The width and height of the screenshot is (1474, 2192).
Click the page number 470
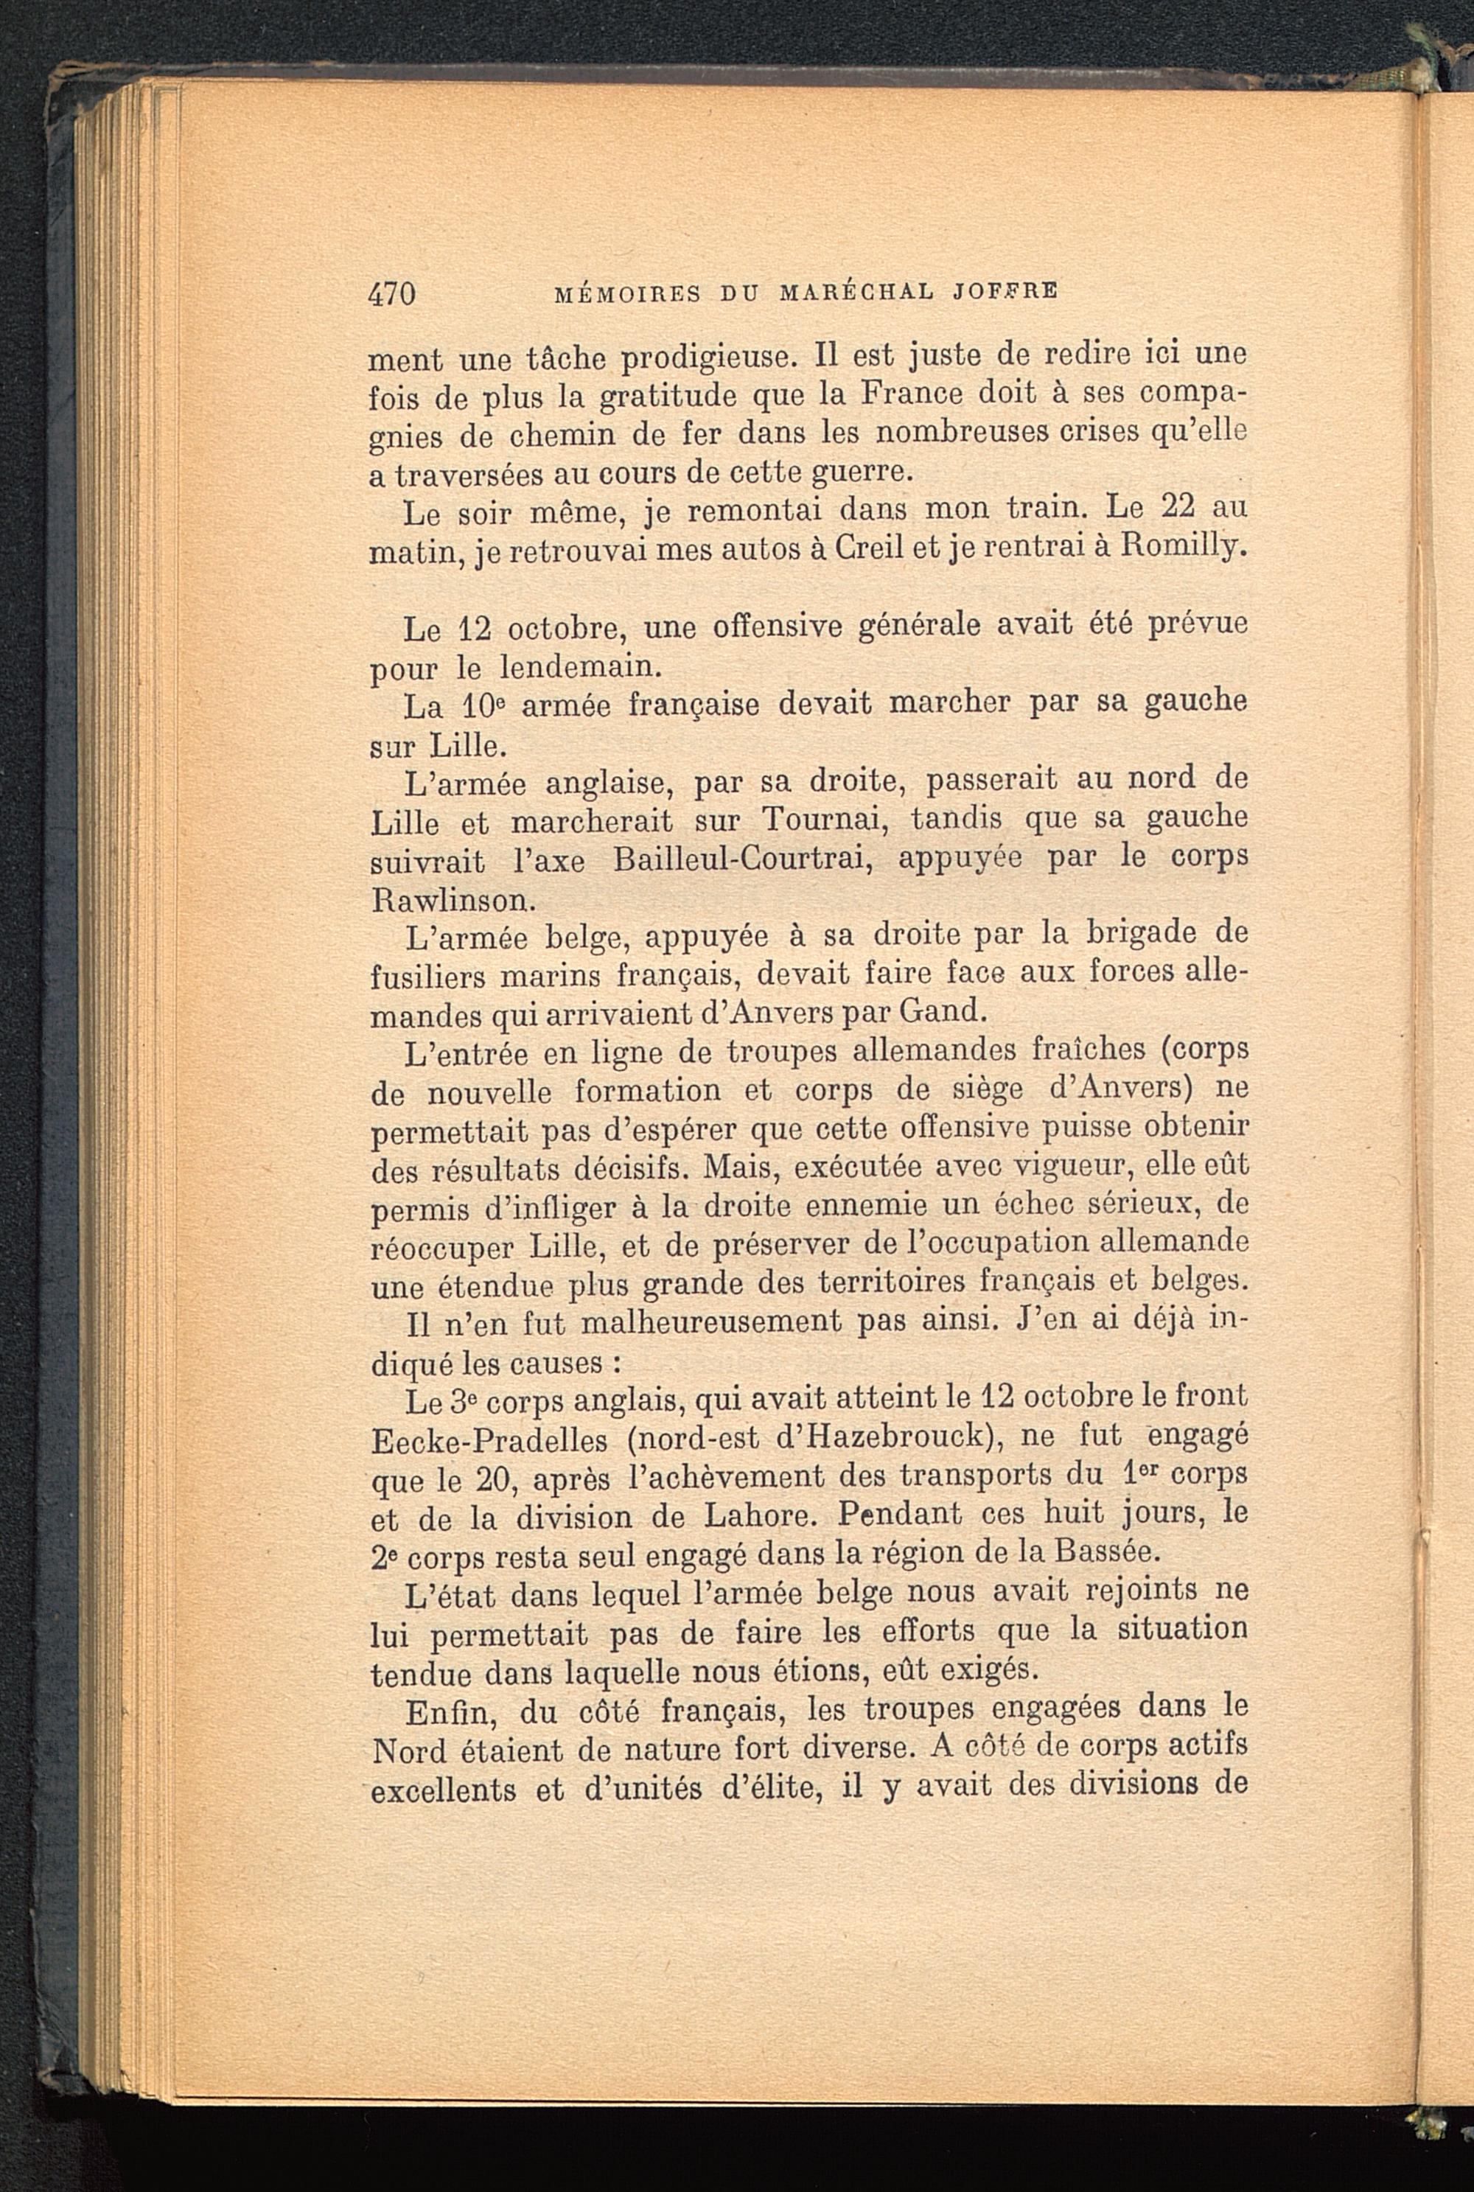[x=391, y=293]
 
